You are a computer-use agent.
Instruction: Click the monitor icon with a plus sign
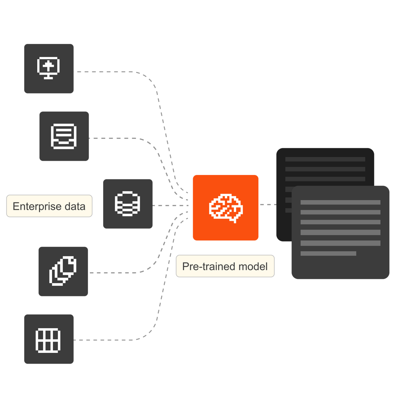click(49, 68)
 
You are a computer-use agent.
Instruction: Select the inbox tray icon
click(64, 136)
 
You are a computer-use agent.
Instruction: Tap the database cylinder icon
click(128, 204)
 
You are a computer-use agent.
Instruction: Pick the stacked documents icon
click(63, 271)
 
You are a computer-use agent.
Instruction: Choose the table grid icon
click(48, 339)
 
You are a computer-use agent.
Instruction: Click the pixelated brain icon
click(226, 208)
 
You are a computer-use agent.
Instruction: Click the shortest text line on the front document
click(328, 253)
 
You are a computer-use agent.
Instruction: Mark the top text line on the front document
click(340, 202)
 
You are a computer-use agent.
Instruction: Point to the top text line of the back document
click(325, 159)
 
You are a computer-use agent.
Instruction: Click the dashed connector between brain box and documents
click(268, 204)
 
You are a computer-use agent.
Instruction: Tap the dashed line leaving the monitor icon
click(112, 71)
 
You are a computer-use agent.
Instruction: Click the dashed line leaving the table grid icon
click(112, 340)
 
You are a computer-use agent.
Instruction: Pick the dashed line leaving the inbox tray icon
click(119, 138)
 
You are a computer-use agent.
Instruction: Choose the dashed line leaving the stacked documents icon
click(119, 273)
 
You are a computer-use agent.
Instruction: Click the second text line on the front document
click(340, 212)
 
